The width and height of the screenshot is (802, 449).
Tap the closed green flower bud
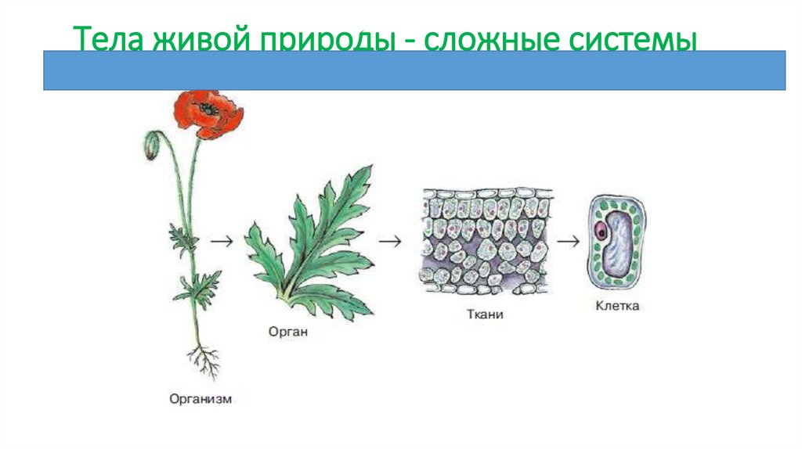coord(151,146)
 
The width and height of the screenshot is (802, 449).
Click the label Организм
coord(201,399)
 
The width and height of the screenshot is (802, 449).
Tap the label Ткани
coord(482,315)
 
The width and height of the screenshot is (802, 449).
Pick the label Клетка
coord(616,306)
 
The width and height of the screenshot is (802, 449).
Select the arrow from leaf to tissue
coord(388,241)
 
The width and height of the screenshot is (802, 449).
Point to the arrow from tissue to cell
coord(568,241)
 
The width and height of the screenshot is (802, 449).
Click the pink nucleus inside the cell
coord(601,232)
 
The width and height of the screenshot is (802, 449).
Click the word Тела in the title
coord(106,40)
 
